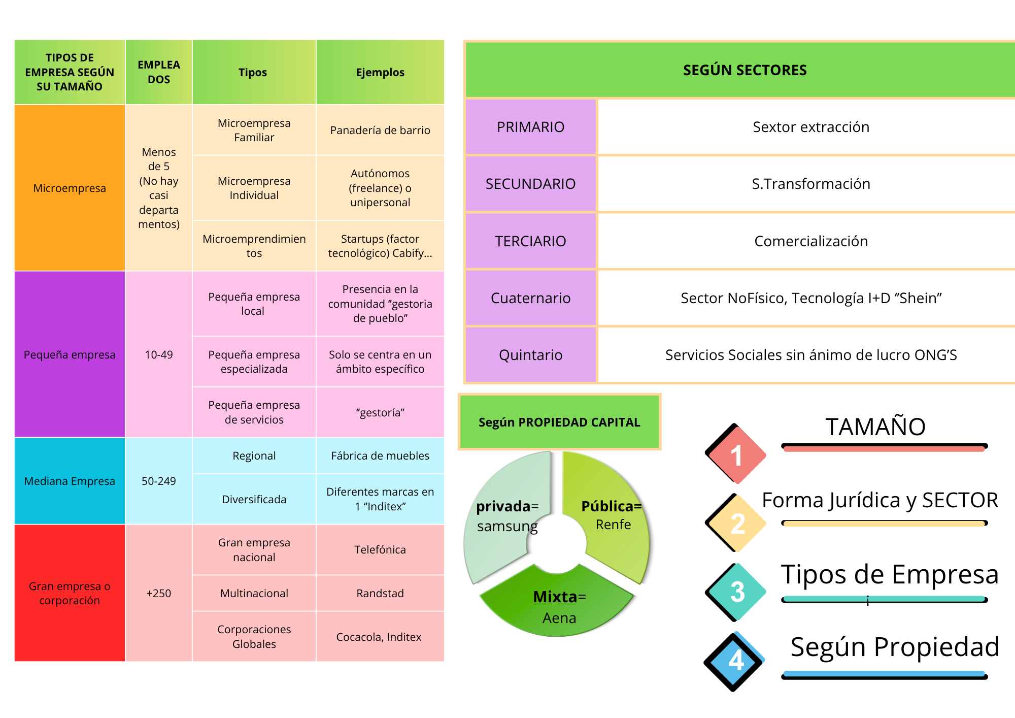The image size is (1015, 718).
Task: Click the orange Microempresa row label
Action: pos(70,188)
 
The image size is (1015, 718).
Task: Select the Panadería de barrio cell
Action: pos(380,130)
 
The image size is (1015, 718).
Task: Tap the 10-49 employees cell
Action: pos(159,354)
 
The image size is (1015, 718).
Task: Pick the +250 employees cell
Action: pos(159,593)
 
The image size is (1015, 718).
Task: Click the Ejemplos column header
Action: pos(380,72)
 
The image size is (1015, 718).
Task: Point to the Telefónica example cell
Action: pos(380,549)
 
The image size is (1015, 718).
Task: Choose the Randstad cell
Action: pos(380,593)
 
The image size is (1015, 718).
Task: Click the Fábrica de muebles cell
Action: pos(380,455)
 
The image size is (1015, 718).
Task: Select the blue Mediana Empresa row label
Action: pos(70,481)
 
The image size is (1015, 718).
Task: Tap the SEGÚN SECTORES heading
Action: pos(745,70)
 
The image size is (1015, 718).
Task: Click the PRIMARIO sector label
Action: pos(530,127)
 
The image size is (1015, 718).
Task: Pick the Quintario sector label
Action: pos(530,355)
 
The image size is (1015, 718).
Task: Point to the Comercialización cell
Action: pos(811,241)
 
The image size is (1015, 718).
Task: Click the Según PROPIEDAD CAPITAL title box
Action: pos(559,422)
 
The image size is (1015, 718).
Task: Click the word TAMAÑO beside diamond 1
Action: pos(875,427)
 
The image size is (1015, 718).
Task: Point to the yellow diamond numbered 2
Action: pos(736,524)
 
